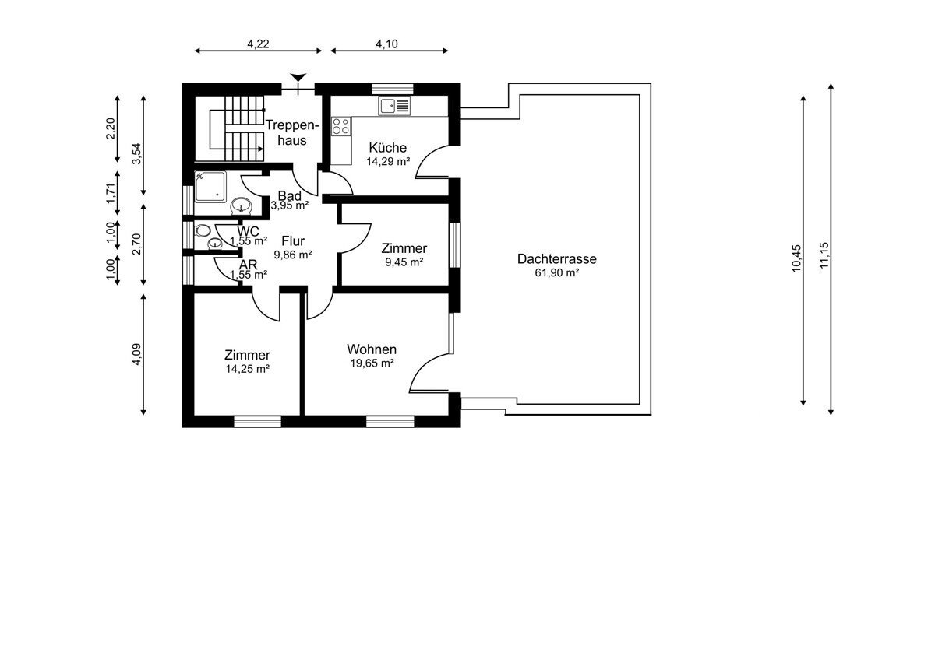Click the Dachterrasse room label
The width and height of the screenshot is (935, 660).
point(557,259)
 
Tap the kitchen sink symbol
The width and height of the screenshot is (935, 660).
point(394,106)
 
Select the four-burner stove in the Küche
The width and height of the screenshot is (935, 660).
point(341,126)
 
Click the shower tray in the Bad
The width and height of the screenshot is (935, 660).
point(210,187)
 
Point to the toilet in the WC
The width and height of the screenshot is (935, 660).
point(202,230)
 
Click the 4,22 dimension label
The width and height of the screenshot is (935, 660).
point(259,44)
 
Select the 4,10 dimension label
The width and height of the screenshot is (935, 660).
point(387,44)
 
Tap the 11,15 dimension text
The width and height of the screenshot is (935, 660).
point(824,255)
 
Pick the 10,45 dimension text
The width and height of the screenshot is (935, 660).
point(796,258)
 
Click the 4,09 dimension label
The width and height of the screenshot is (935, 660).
point(136,354)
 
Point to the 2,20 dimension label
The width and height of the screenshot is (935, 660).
point(110,128)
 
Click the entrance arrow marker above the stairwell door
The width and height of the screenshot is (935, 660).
point(298,78)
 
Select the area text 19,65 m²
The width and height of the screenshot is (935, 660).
point(372,363)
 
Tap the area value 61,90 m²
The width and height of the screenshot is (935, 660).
point(557,272)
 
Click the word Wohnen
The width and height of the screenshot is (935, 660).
point(372,349)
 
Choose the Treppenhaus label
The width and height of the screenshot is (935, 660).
point(292,132)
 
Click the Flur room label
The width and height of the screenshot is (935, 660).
point(293,241)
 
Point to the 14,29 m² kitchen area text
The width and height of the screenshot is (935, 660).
point(388,162)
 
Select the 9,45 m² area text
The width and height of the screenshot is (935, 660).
point(404,262)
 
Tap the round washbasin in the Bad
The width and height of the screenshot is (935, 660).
point(242,205)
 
